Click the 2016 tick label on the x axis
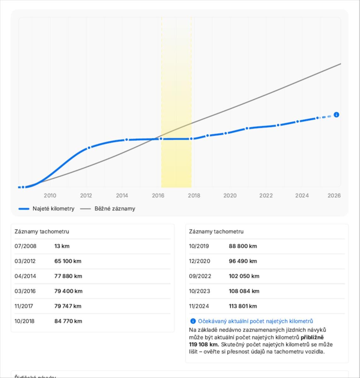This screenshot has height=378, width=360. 158,196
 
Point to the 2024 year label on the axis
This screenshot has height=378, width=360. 302,196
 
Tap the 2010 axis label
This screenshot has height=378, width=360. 50,196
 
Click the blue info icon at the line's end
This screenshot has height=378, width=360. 336,115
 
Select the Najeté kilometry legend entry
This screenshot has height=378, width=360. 53,209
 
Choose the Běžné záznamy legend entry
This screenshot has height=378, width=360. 115,209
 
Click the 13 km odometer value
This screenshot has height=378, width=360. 62,246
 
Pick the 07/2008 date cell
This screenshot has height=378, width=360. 26,246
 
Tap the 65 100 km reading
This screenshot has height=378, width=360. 68,261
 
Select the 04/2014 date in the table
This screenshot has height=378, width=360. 25,276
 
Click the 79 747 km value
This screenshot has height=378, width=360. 68,306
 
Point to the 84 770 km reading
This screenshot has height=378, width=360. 68,321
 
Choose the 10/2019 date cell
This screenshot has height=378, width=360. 199,246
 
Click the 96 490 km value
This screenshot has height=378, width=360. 243,261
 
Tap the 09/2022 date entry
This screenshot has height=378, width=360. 200,276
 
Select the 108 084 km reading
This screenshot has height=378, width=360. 244,291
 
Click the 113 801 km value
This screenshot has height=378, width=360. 243,306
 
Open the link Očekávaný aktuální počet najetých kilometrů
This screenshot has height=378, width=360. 255,321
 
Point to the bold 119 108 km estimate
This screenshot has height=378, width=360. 204,344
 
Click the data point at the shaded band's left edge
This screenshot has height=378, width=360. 161,139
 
